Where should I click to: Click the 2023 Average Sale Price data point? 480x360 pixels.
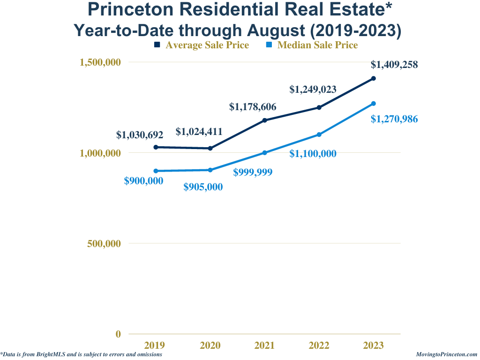coord(374,78)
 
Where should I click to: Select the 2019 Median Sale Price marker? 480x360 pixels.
coord(156,171)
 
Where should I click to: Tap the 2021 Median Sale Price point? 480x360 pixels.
coord(265,153)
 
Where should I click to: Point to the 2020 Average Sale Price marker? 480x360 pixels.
coord(210,149)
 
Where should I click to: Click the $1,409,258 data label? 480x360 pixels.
coord(394,65)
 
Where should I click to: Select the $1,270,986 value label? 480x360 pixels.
coord(394,119)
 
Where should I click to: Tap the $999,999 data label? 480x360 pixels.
coord(253,172)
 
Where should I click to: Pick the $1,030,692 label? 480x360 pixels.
coord(140,135)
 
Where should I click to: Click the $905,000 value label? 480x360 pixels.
coord(203,187)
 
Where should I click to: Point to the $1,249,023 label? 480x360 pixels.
coord(313,89)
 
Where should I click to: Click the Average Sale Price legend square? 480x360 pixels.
coord(157,45)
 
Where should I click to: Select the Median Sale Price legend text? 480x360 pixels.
coord(317,45)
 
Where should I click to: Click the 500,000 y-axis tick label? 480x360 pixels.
coord(104,244)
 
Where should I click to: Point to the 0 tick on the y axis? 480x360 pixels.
coord(118,334)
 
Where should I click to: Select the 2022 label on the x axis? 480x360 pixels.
coord(319,345)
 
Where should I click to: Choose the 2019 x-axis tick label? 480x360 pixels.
coord(155,345)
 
